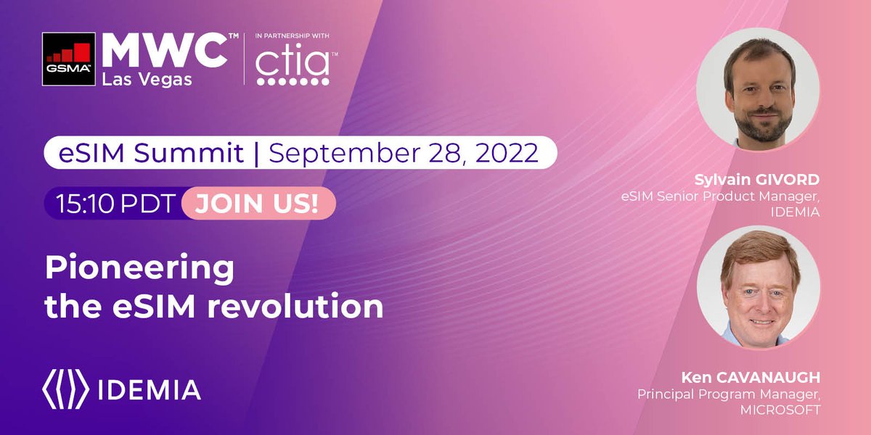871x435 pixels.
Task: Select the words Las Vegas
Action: [148, 79]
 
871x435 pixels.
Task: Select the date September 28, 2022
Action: [404, 153]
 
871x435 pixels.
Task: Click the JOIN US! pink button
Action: [258, 204]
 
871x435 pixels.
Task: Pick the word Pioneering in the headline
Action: [139, 270]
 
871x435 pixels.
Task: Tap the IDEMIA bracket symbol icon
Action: [66, 389]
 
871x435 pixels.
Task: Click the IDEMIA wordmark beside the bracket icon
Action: [149, 389]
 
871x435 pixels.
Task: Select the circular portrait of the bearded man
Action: [758, 90]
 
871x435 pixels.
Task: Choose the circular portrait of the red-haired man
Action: [758, 287]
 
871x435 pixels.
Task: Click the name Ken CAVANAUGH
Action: [751, 378]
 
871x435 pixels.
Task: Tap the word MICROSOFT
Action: [781, 410]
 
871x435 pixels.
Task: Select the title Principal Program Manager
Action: [728, 394]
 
